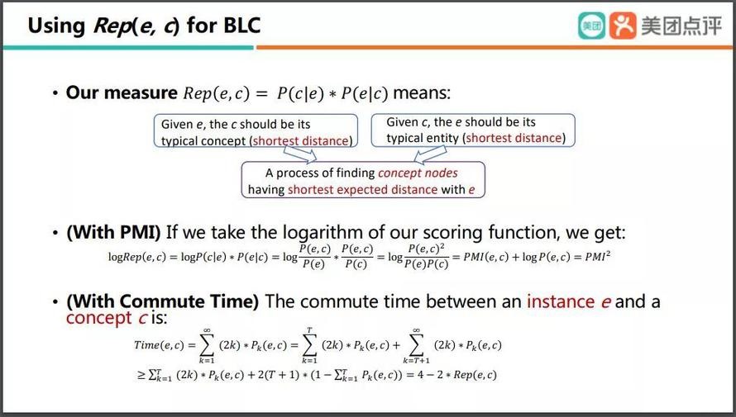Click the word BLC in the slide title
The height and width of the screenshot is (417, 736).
pos(241,26)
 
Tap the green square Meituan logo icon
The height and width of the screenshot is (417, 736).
pos(591,26)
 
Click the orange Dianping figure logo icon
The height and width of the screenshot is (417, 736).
pos(623,26)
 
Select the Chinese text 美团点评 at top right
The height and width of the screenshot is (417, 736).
pos(681,26)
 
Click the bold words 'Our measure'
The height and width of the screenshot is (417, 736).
pos(122,92)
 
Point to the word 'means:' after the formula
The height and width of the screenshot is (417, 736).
pos(422,92)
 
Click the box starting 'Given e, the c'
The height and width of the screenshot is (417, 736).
pos(256,131)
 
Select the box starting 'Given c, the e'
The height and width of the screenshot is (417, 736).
pos(473,130)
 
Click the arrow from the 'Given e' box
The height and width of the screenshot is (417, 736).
pos(300,154)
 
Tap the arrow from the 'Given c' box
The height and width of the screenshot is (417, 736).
pos(430,154)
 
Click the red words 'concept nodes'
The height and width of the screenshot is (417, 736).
pos(418,173)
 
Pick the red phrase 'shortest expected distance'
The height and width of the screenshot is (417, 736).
pos(363,190)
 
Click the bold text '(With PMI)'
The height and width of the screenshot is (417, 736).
pos(113,232)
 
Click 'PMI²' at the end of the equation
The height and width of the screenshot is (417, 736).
pos(598,256)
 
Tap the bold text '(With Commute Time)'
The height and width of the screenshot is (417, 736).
pos(162,301)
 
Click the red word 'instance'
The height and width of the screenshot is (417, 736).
pos(561,301)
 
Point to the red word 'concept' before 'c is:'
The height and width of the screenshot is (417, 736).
pos(98,318)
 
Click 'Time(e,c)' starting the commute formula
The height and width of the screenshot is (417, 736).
pos(159,345)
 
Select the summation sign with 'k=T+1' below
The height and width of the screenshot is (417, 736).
pos(416,345)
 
